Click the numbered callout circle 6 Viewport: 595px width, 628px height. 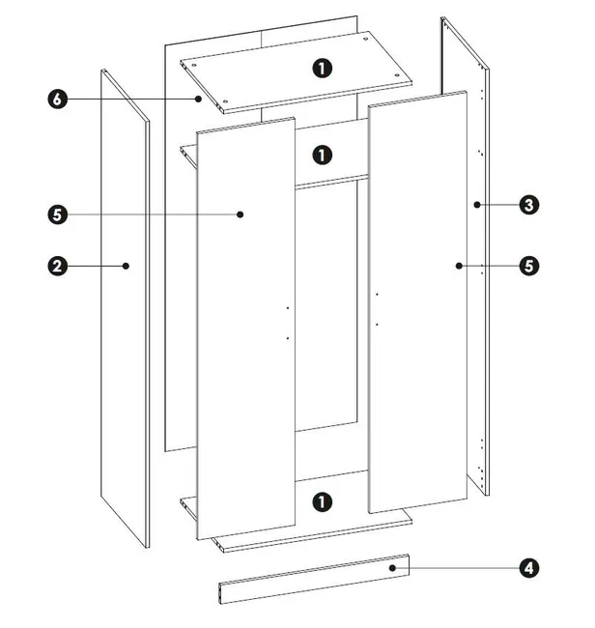coord(58,99)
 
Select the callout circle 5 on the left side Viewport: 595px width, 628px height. coord(58,214)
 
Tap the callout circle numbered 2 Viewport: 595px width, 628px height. coord(58,266)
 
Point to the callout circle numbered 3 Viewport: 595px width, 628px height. coord(529,205)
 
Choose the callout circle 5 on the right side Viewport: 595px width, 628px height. coord(529,266)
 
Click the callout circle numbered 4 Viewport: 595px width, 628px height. coord(529,568)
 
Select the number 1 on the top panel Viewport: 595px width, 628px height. coord(323,69)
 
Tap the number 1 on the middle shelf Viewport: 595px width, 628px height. coord(323,155)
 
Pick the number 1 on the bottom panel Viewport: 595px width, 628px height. coord(323,501)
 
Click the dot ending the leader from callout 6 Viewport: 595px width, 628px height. coord(198,99)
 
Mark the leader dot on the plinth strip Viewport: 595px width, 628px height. coord(392,568)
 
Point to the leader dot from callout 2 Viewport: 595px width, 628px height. coord(126,266)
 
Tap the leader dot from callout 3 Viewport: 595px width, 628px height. coord(477,205)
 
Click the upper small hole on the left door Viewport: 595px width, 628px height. coord(288,308)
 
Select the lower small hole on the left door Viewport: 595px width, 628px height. coord(288,338)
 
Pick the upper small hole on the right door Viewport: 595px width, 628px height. coord(377,295)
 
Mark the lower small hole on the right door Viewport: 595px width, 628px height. coord(377,325)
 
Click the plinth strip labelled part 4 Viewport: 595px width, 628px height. coord(314,579)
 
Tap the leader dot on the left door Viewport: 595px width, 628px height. coord(240,214)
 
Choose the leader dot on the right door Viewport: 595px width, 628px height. coord(459,266)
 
